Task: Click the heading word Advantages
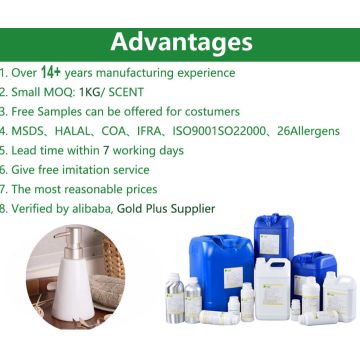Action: [179, 42]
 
